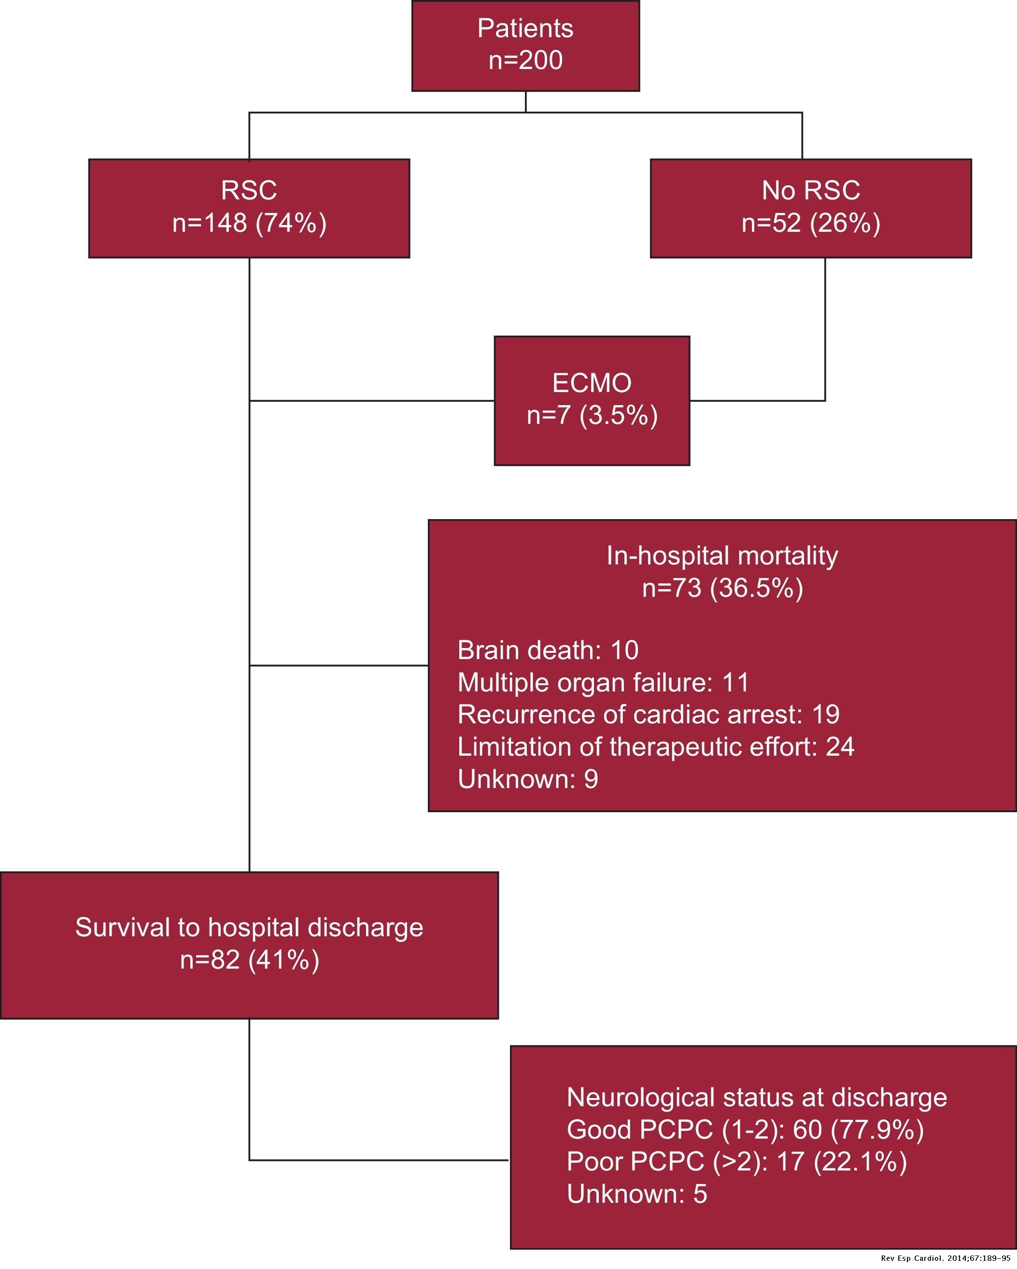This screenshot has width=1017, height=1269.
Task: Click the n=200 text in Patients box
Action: (x=525, y=60)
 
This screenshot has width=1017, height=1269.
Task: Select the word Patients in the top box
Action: (x=525, y=28)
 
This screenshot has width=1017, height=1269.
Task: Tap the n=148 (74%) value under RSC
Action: (x=249, y=223)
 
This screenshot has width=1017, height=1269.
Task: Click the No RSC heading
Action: (x=810, y=190)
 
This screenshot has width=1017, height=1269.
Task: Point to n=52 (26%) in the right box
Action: (x=810, y=223)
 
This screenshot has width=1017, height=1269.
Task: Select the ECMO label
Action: (x=592, y=383)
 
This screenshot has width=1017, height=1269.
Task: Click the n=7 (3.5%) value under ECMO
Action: (x=592, y=416)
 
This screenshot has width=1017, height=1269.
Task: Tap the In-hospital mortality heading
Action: (x=722, y=556)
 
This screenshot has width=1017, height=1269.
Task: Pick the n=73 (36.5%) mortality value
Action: (x=722, y=588)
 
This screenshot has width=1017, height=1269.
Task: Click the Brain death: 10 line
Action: (x=547, y=650)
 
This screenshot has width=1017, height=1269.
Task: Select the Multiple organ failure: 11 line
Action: (x=603, y=683)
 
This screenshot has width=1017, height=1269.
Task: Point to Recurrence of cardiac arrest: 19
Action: (x=648, y=715)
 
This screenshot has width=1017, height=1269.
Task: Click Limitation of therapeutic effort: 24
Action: (x=656, y=747)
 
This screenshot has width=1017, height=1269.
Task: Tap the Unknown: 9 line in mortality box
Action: (x=527, y=779)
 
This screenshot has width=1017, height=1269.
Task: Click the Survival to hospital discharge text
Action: (x=249, y=928)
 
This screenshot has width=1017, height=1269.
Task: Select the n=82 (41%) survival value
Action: (x=249, y=960)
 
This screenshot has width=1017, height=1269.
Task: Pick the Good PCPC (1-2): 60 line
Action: (x=745, y=1129)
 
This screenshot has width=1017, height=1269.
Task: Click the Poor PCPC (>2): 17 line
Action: (x=736, y=1162)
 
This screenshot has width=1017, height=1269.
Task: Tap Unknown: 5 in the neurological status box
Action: (x=636, y=1194)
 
